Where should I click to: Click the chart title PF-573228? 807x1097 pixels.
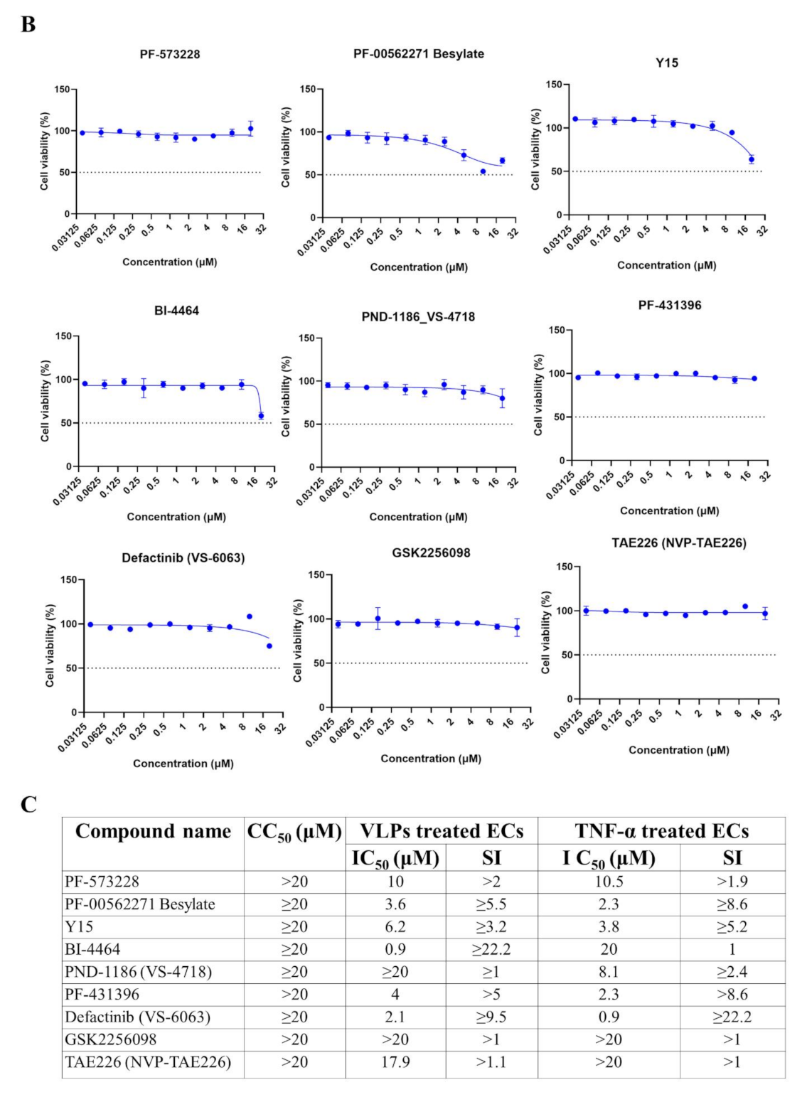click(169, 54)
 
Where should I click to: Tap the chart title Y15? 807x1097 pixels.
click(666, 63)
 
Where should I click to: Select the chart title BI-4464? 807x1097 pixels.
click(177, 311)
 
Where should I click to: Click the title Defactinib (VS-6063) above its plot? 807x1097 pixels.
click(183, 558)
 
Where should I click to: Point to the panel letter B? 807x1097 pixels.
click(28, 25)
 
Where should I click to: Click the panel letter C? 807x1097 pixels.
click(28, 805)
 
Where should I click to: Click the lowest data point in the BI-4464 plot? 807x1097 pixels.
click(261, 416)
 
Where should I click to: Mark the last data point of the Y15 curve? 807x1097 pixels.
click(752, 159)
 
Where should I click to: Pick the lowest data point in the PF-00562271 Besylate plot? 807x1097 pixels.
click(483, 171)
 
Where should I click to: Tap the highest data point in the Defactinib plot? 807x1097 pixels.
click(250, 616)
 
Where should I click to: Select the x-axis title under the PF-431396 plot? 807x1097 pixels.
click(669, 510)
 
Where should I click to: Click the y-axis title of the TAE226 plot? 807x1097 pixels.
click(545, 633)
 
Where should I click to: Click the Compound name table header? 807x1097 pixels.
click(153, 831)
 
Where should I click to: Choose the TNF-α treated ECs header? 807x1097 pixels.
click(661, 831)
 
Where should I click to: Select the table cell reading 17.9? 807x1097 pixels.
click(395, 1062)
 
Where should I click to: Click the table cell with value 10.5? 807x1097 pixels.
click(609, 882)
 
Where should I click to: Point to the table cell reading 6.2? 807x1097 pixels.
click(395, 927)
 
